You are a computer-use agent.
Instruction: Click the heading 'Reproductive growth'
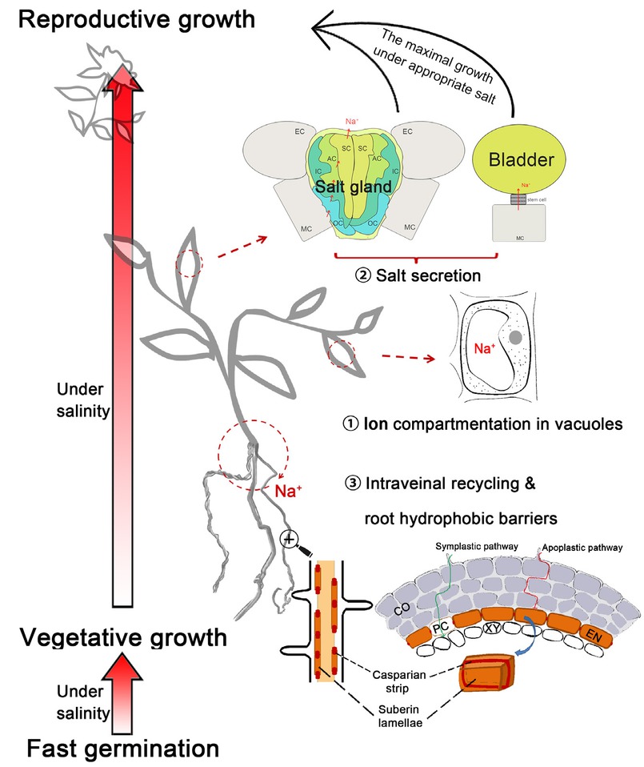point(128,19)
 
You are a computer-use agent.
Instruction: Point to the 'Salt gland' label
point(352,187)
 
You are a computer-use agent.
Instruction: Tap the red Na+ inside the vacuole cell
point(480,348)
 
